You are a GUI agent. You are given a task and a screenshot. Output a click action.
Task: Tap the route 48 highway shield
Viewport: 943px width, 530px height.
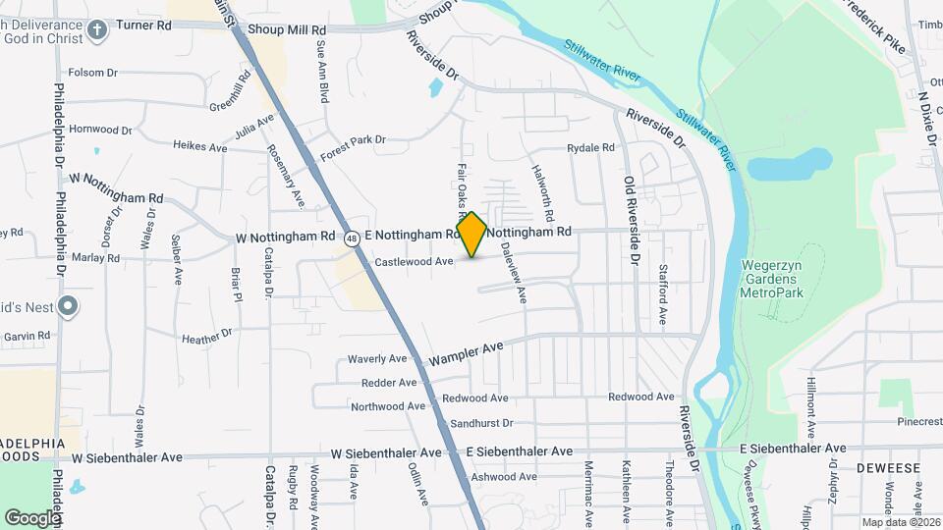coord(351,237)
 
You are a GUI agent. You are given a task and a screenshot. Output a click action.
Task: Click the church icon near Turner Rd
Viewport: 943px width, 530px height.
coord(95,29)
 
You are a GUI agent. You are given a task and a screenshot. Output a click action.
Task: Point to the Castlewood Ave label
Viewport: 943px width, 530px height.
coord(414,262)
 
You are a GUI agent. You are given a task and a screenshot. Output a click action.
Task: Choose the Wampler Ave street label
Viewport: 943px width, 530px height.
coord(466,354)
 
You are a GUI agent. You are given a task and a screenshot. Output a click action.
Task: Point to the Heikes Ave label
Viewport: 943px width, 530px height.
coord(199,146)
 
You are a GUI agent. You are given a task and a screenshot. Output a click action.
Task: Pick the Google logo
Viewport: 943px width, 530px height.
coord(32,516)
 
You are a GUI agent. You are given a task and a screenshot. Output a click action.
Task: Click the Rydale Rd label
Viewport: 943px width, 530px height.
coord(590,148)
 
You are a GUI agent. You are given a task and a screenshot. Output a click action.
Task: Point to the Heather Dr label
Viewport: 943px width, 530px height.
coord(207,337)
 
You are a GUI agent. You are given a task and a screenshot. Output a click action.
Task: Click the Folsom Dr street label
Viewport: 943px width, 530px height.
coord(92,73)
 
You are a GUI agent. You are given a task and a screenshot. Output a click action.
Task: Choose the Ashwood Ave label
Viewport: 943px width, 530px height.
coord(503,477)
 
